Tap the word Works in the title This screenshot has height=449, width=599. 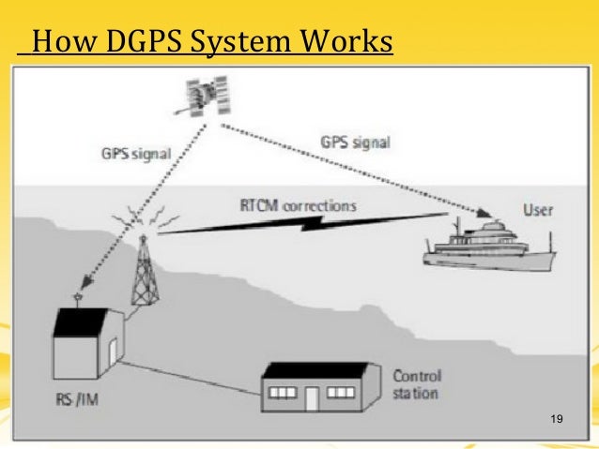[x=349, y=44]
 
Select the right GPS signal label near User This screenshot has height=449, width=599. [x=355, y=142]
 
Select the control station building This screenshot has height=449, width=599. [x=312, y=384]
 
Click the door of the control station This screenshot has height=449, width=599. [x=312, y=397]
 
